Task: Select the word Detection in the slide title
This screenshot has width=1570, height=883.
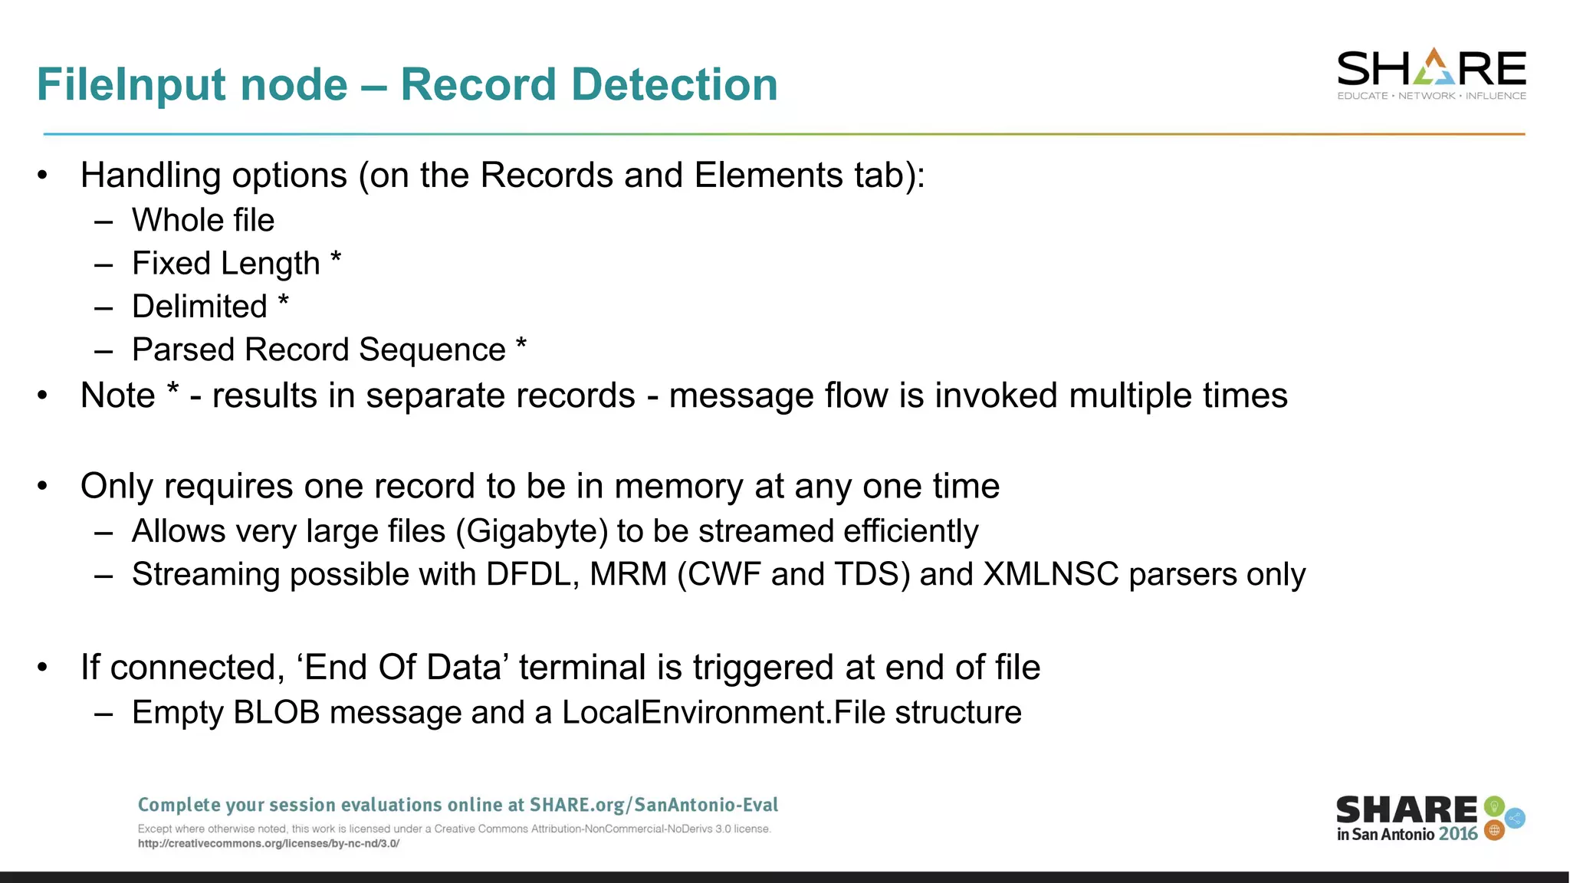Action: tap(675, 84)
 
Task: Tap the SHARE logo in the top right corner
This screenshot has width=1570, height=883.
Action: tap(1431, 74)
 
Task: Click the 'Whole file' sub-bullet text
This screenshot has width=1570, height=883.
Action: tap(203, 221)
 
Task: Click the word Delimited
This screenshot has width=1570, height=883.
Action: tap(199, 307)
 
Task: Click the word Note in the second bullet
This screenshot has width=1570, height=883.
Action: tap(118, 396)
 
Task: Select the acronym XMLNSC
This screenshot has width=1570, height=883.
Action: tap(1051, 575)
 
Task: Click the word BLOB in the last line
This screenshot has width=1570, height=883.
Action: tap(276, 713)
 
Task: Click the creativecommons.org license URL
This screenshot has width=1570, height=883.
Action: tap(268, 844)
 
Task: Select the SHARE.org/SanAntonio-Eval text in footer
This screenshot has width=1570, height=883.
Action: tap(654, 805)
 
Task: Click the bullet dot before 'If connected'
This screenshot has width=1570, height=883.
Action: tap(43, 668)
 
